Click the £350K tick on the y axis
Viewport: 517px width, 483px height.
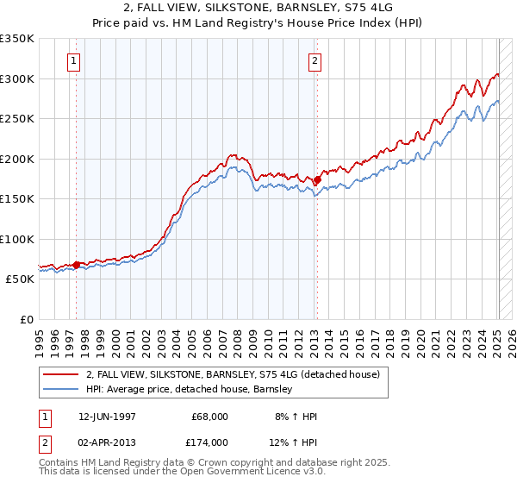pyautogui.click(x=17, y=39)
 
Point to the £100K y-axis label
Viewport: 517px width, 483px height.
pyautogui.click(x=17, y=239)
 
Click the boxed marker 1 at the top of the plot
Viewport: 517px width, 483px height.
pyautogui.click(x=74, y=60)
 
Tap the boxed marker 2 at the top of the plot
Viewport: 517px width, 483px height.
pyautogui.click(x=315, y=60)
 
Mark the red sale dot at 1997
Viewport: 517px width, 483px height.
pyautogui.click(x=77, y=265)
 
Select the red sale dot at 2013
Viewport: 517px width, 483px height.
pyautogui.click(x=317, y=180)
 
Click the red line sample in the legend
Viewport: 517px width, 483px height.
pyautogui.click(x=62, y=374)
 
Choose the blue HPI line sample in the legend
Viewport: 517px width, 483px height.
pyautogui.click(x=62, y=389)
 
